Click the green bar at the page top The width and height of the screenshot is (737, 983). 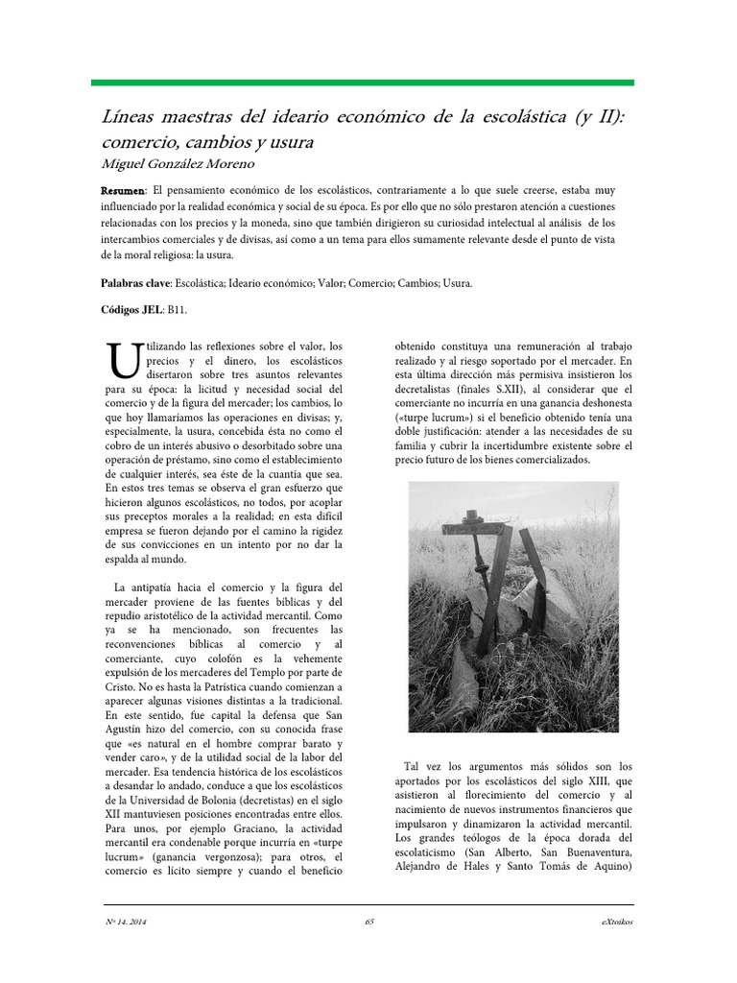[362, 83]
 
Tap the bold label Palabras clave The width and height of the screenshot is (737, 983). [135, 283]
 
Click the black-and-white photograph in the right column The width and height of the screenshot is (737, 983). [513, 608]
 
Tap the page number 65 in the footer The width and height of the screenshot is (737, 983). [368, 922]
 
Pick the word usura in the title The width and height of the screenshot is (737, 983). [291, 140]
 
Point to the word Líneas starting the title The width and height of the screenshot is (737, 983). [126, 118]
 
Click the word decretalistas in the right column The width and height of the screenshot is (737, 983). [431, 390]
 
